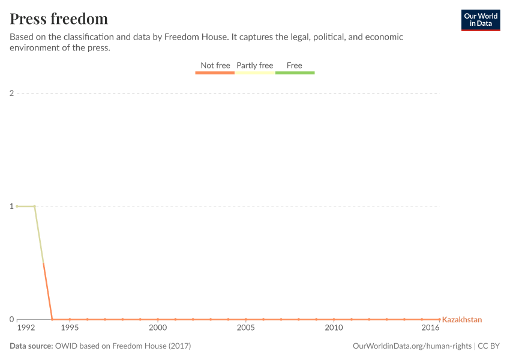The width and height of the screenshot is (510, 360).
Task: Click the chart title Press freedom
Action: click(59, 19)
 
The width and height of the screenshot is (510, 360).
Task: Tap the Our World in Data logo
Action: click(480, 20)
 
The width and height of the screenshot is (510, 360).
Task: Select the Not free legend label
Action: click(215, 65)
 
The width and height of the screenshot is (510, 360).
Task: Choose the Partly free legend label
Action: click(254, 65)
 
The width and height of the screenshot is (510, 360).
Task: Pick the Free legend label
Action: click(295, 65)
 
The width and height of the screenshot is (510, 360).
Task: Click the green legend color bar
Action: click(295, 73)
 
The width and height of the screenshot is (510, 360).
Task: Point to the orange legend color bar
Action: click(215, 73)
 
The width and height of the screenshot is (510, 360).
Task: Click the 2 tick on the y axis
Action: click(11, 93)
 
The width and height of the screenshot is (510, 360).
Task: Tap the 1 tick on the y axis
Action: click(11, 206)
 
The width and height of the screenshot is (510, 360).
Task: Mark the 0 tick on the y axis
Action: click(11, 319)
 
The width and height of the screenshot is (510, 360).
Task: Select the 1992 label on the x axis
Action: click(26, 328)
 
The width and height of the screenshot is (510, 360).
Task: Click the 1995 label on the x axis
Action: click(70, 328)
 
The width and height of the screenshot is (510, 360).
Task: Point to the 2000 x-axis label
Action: click(158, 328)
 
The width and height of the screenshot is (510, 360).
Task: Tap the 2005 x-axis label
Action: click(245, 328)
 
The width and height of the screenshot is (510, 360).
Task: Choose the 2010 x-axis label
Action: click(334, 328)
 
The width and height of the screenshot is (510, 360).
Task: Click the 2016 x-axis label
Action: click(430, 328)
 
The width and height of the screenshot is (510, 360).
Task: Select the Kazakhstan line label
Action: click(461, 320)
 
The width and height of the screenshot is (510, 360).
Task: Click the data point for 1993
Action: click(34, 206)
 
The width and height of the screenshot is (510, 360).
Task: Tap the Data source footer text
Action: click(100, 346)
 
